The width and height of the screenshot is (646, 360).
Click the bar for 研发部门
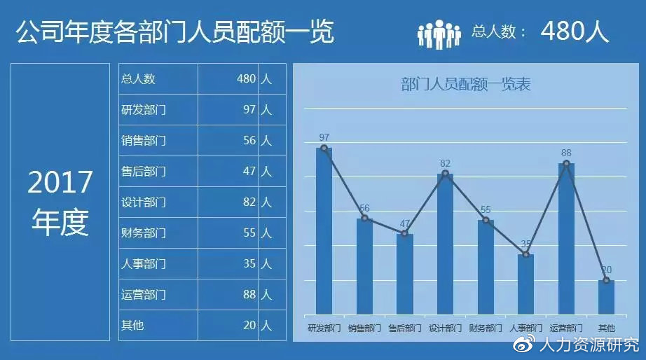click(324, 231)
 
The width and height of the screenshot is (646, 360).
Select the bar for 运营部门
click(566, 239)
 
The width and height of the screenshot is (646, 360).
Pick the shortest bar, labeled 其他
click(607, 297)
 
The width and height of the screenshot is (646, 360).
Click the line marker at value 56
click(364, 218)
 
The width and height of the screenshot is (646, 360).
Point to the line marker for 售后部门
click(404, 233)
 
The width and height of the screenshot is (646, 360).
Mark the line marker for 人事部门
click(526, 254)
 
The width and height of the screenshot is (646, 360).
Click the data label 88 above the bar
click(566, 153)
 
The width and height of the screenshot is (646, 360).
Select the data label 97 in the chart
click(324, 137)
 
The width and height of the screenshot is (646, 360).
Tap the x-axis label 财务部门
click(485, 328)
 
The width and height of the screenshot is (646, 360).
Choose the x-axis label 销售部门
click(364, 328)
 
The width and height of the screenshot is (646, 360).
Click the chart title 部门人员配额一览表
click(466, 85)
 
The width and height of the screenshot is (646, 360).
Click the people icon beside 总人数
click(439, 33)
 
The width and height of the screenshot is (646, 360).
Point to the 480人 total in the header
click(575, 32)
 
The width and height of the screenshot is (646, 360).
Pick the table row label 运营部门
click(144, 295)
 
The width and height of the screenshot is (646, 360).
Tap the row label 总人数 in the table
click(138, 79)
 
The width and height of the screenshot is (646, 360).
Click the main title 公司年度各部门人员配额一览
click(174, 32)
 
